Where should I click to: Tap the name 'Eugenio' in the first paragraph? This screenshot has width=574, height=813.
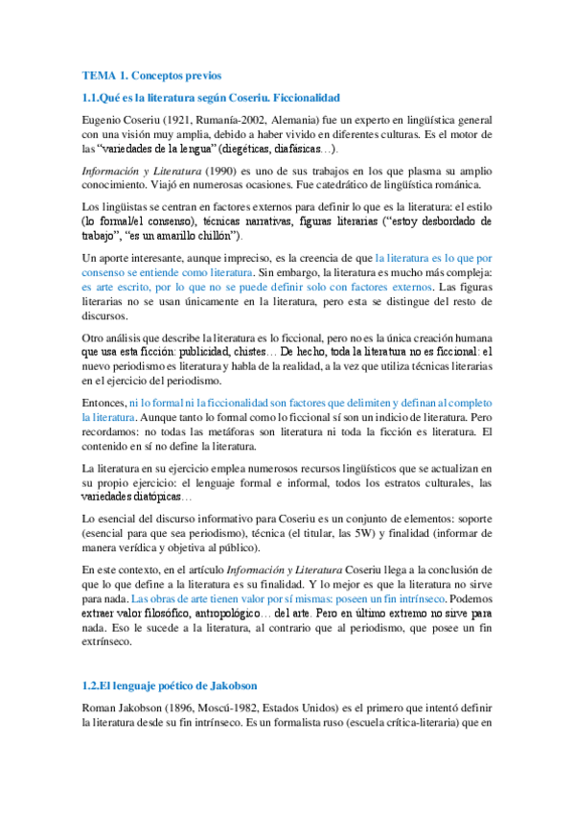tap(103, 123)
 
